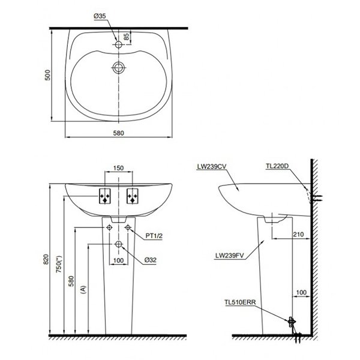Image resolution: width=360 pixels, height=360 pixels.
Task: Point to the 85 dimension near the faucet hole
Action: pos(126,37)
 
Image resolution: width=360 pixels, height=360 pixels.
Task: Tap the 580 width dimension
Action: pos(118,133)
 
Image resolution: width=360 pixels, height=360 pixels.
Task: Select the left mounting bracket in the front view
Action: pos(104,197)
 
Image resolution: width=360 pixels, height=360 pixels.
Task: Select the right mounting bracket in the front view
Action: pos(133,197)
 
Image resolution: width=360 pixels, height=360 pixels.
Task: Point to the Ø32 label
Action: pos(151,260)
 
